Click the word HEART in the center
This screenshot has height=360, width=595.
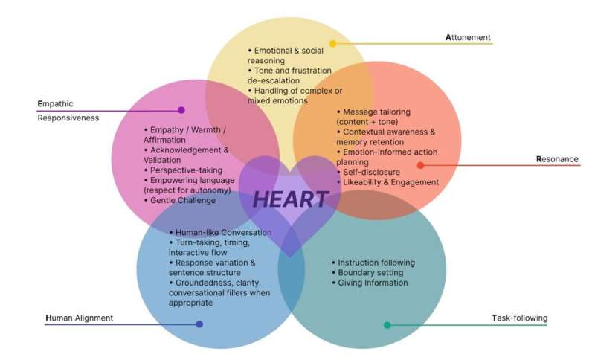[290, 199]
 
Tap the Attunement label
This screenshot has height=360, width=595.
[468, 37]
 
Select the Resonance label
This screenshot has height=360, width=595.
[557, 159]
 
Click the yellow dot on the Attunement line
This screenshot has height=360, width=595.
[332, 44]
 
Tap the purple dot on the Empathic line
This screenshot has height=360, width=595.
[181, 110]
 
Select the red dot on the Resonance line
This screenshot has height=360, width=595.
[420, 165]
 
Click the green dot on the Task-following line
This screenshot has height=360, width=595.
[387, 325]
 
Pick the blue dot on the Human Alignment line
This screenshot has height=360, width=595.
[199, 324]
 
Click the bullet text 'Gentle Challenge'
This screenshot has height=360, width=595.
[182, 201]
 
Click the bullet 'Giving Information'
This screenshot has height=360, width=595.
[373, 283]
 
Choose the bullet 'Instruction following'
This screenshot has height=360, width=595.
[376, 263]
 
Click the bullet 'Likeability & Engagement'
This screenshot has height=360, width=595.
[390, 182]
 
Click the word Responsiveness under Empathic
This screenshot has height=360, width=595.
[68, 118]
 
